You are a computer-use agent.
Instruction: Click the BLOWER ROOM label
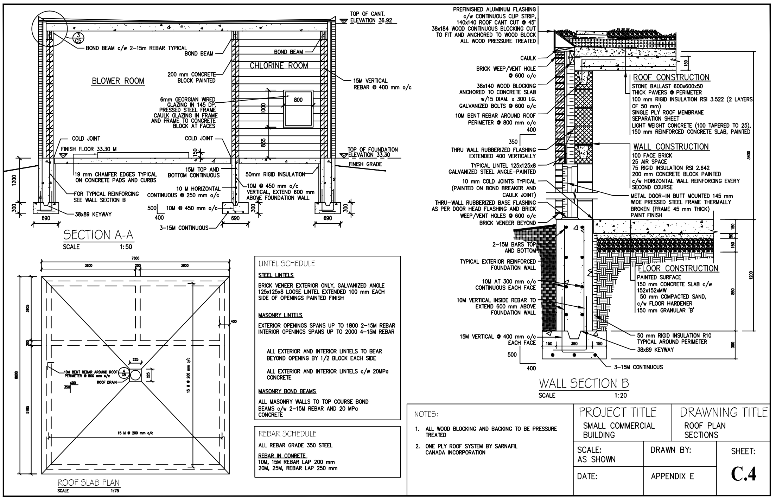(118, 81)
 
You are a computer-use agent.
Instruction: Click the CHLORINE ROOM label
(279, 65)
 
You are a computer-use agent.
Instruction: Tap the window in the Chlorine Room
(298, 109)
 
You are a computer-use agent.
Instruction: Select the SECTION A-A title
(98, 235)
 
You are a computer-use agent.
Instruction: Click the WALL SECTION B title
(584, 383)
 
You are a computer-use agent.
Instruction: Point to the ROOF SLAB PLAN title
(88, 483)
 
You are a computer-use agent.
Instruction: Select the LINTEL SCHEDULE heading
(287, 263)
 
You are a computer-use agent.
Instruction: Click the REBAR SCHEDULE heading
(287, 434)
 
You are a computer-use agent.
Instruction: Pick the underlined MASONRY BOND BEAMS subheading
(287, 391)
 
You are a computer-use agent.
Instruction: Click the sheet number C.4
(743, 474)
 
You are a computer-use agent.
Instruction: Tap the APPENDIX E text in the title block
(672, 477)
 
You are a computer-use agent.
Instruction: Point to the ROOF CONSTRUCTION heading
(671, 77)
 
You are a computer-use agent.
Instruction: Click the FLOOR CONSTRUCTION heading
(678, 268)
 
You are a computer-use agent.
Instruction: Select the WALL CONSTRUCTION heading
(671, 147)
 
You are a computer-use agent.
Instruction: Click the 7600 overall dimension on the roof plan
(135, 258)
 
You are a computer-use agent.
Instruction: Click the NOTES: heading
(426, 414)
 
